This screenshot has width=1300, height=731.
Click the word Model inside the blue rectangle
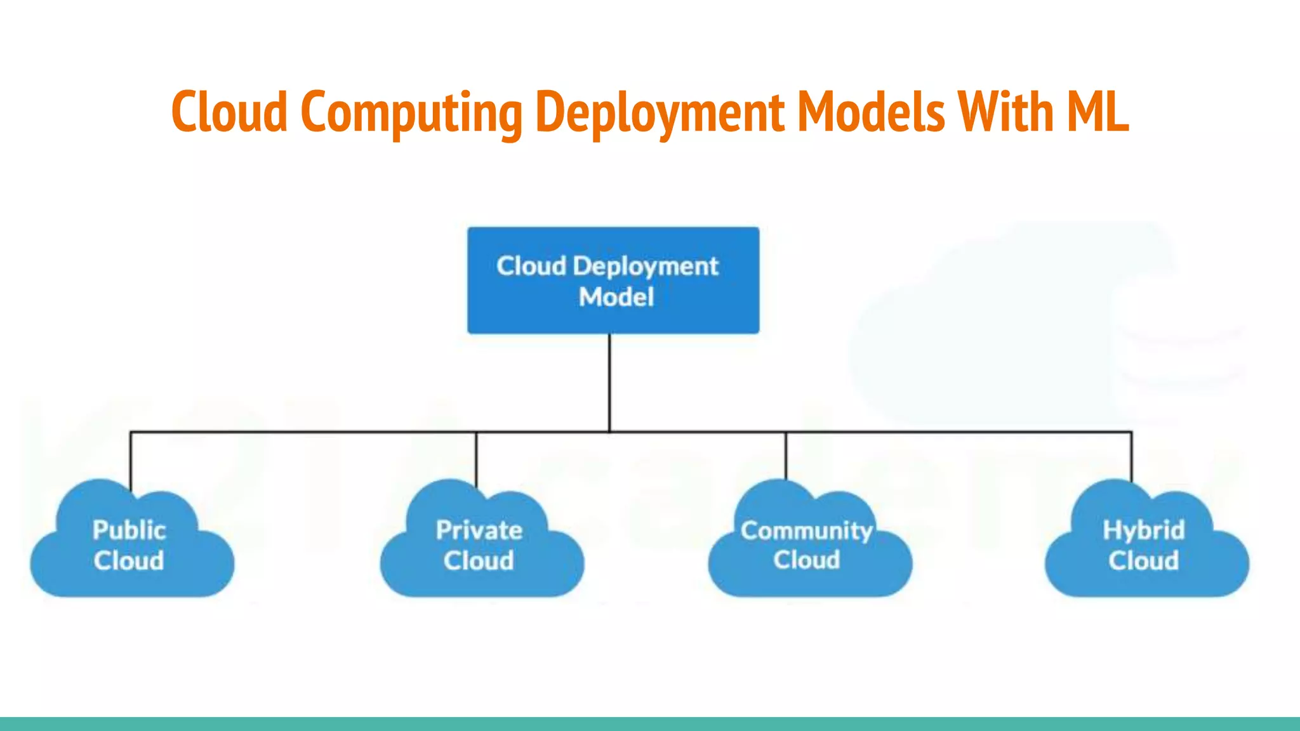click(x=616, y=297)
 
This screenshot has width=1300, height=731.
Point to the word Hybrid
click(x=1144, y=530)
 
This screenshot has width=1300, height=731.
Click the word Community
click(x=807, y=530)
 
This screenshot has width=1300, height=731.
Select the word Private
click(x=479, y=530)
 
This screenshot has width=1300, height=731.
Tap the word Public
click(x=129, y=530)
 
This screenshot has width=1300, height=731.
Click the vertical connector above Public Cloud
click(x=131, y=460)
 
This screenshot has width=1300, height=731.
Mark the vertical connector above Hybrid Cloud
click(x=1131, y=457)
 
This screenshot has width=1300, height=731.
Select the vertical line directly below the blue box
click(x=610, y=381)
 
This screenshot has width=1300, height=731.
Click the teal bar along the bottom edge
click(x=650, y=724)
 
